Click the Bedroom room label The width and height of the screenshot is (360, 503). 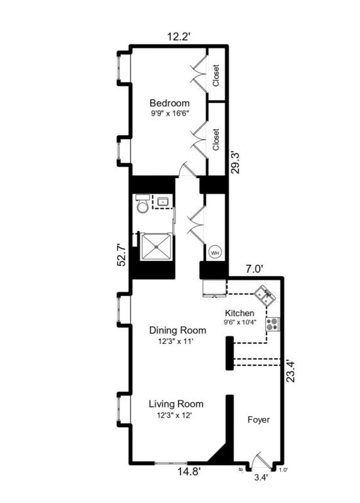pos(169,103)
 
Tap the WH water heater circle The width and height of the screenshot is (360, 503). pos(215,253)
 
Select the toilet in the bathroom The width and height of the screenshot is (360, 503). pos(143,206)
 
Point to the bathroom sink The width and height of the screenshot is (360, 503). pos(162,202)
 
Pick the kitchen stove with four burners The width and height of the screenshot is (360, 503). pos(273,324)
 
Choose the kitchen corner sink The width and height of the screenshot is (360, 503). pos(265,294)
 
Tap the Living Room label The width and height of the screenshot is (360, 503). pos(176,404)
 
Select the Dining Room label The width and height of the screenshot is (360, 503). pos(178,330)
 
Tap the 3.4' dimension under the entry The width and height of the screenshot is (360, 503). pos(260,478)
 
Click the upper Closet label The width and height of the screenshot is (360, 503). pos(216,75)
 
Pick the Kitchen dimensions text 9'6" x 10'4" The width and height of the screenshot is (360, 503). pos(239,323)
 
